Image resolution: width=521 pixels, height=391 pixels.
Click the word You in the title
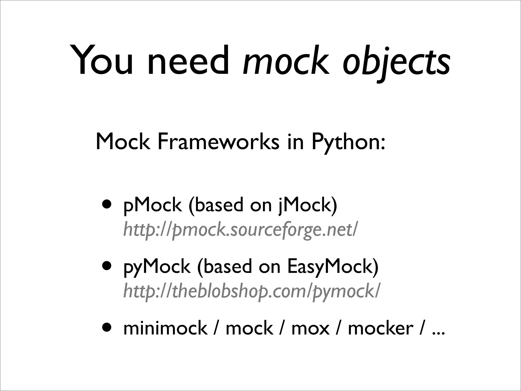102,61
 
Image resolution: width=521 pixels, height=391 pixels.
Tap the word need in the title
189,61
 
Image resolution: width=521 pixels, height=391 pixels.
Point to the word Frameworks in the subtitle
218,142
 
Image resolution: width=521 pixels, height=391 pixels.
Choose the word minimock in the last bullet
165,328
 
